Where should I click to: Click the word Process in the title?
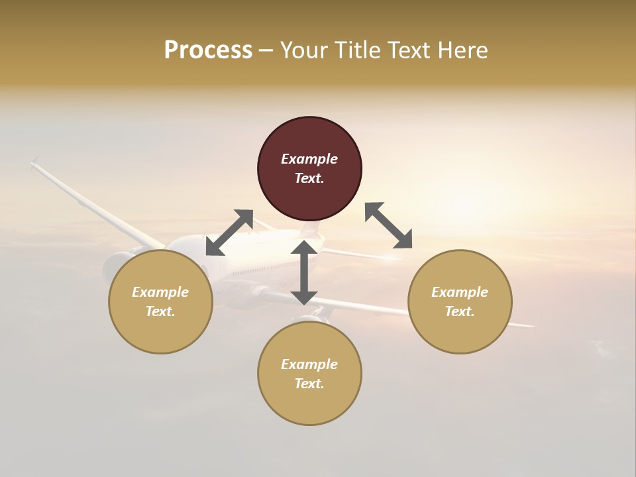coord(208,50)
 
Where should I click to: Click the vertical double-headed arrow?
coord(304,272)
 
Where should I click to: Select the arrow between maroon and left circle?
coord(230,233)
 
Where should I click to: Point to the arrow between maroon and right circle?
coord(389,225)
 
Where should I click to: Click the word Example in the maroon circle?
coord(309,159)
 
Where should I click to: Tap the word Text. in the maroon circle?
coord(309,178)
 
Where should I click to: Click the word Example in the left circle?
coord(160,292)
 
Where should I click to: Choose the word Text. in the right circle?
coord(460,311)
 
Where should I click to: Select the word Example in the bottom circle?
coord(309,364)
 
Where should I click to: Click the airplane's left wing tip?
coord(35,162)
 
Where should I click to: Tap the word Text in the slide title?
coord(411,50)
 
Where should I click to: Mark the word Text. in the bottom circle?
coord(309,384)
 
